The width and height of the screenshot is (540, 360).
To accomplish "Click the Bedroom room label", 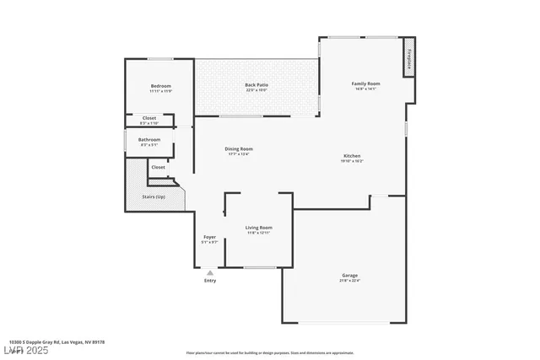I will pyautogui.click(x=160, y=86).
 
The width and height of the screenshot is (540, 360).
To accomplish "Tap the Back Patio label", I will pyautogui.click(x=256, y=85).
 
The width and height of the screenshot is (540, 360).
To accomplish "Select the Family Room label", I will pyautogui.click(x=366, y=83).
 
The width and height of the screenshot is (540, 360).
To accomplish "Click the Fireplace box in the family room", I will pyautogui.click(x=408, y=57).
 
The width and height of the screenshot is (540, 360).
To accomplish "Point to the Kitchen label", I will pyautogui.click(x=352, y=156).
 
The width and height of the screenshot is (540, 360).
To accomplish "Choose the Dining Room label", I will pyautogui.click(x=239, y=149).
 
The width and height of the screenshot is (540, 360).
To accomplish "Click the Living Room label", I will pyautogui.click(x=258, y=228).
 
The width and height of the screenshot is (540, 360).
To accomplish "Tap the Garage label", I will pyautogui.click(x=349, y=276).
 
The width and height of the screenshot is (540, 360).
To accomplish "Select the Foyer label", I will pyautogui.click(x=210, y=237).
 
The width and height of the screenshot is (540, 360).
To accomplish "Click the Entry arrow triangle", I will pyautogui.click(x=210, y=272).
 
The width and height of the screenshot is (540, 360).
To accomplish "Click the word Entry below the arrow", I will pyautogui.click(x=210, y=281).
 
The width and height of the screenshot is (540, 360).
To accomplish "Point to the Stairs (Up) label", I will pyautogui.click(x=153, y=196).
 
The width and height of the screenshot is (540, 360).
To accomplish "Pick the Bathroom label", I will pyautogui.click(x=149, y=139).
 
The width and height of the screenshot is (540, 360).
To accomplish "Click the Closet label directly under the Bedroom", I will pyautogui.click(x=148, y=118).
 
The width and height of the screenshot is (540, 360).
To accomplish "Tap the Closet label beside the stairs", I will pyautogui.click(x=159, y=167).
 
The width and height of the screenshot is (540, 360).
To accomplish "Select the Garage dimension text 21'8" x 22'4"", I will pyautogui.click(x=349, y=281).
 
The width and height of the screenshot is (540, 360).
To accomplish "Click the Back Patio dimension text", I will pyautogui.click(x=256, y=90).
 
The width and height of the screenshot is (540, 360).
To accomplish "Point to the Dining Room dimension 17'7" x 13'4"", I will pyautogui.click(x=239, y=154).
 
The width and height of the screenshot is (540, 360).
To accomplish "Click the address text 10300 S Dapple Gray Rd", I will pyautogui.click(x=51, y=342).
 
